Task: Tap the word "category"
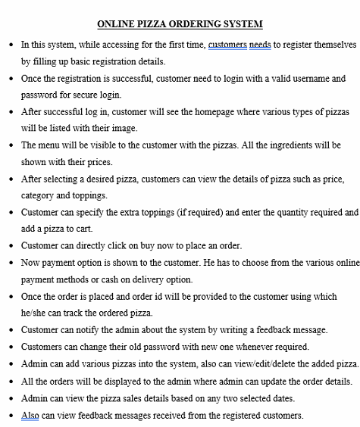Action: coord(39,195)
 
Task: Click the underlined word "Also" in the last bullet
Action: coord(30,414)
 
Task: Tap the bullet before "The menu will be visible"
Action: coord(10,145)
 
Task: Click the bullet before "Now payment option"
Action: coord(10,263)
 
